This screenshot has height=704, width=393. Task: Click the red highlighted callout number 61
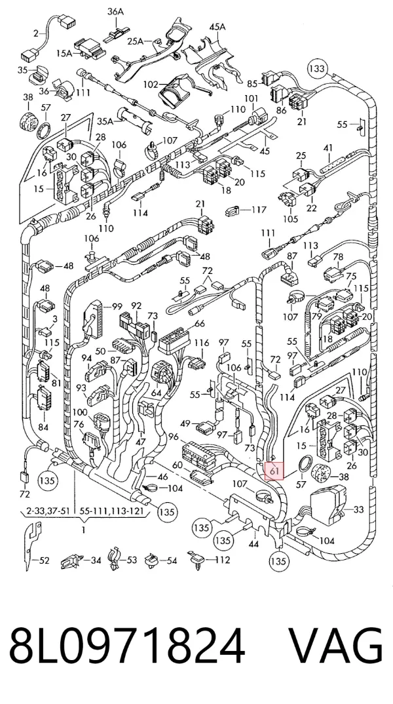[274, 471]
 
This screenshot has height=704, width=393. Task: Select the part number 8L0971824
[127, 646]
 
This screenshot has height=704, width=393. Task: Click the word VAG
[335, 646]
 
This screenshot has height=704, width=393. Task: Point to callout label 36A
[115, 12]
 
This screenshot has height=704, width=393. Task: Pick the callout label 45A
[217, 27]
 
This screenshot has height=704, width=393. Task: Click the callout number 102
[151, 84]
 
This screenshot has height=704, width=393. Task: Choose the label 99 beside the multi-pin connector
[117, 307]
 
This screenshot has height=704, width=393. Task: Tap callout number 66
[200, 323]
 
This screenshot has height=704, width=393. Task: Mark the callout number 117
[259, 209]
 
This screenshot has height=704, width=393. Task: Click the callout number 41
[328, 147]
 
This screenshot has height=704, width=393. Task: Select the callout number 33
[358, 509]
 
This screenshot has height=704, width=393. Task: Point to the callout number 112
[223, 560]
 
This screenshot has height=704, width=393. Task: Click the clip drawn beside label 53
[115, 559]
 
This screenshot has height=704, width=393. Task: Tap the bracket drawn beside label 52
[32, 545]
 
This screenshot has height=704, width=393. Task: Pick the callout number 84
[43, 427]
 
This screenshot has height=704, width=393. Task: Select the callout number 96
[174, 436]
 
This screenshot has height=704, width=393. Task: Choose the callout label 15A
[64, 53]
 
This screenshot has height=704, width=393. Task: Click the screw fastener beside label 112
[196, 559]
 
